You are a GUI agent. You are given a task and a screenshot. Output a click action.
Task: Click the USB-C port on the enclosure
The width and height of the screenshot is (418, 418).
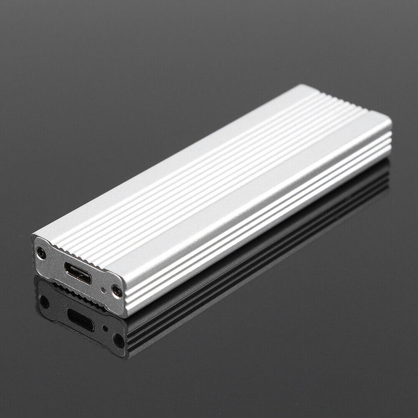78,272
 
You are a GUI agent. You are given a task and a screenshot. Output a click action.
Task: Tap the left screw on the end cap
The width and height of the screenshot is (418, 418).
41,254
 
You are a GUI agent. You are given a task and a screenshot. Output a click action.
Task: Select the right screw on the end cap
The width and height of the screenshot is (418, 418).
117,292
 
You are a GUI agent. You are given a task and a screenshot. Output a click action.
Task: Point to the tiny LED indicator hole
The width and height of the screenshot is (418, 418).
104,288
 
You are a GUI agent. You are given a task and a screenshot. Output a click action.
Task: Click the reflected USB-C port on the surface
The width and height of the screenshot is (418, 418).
80,320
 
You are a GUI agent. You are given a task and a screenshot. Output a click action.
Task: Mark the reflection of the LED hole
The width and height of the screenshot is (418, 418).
105,329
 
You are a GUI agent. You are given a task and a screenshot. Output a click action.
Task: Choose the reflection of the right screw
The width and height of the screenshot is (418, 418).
119,340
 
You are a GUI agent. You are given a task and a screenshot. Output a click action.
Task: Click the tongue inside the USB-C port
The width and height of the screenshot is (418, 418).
78,273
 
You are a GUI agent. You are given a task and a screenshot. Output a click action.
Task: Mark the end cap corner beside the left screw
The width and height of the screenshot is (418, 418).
34,241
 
